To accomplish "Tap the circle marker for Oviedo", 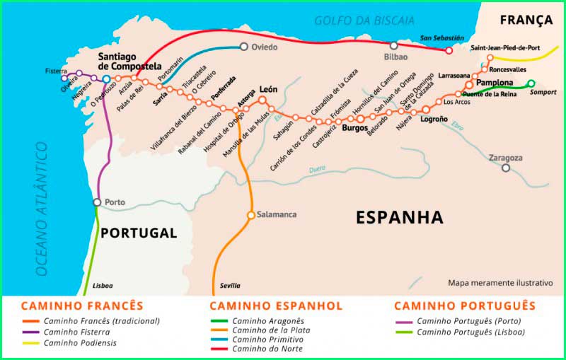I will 244,47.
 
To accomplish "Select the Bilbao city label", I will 395,57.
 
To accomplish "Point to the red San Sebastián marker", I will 449,50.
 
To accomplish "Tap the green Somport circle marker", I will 531,83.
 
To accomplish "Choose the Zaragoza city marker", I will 506,168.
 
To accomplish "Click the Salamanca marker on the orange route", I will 250,214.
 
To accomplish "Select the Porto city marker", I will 97,202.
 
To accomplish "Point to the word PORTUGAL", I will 138,233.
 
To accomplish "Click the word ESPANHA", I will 399,217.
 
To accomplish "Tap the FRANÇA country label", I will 526,20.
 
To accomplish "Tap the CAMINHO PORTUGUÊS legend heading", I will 464,306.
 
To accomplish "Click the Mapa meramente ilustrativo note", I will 499,282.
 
